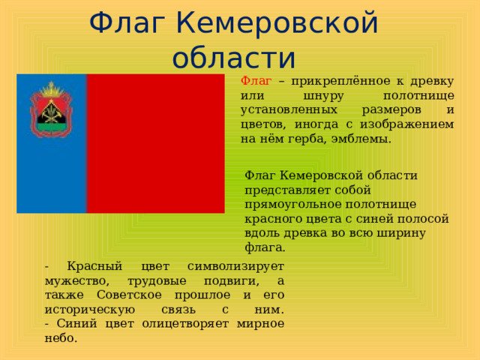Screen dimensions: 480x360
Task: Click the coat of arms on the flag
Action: pos(51,109)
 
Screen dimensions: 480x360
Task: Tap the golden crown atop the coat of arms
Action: pos(52,89)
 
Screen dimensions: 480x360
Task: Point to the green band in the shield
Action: pos(51,127)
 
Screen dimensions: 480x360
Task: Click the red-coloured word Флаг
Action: pos(256,81)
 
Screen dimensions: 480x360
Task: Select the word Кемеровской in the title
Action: pos(277,23)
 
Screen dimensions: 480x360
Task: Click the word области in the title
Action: pos(234,57)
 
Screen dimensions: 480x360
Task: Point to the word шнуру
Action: pos(323,96)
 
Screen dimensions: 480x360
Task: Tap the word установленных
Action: pos(289,109)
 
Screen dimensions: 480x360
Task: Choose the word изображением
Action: pos(406,124)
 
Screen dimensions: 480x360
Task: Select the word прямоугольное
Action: pos(293,205)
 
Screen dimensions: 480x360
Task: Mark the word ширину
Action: pos(400,233)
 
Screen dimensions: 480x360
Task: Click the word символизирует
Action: pos(235,266)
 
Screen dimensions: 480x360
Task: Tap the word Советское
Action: pos(129,295)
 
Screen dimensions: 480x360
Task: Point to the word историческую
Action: pos(90,310)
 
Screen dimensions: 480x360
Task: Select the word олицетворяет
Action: pos(185,324)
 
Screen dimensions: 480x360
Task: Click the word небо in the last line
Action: pos(58,338)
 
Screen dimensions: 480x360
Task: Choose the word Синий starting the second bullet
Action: pos(76,323)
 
